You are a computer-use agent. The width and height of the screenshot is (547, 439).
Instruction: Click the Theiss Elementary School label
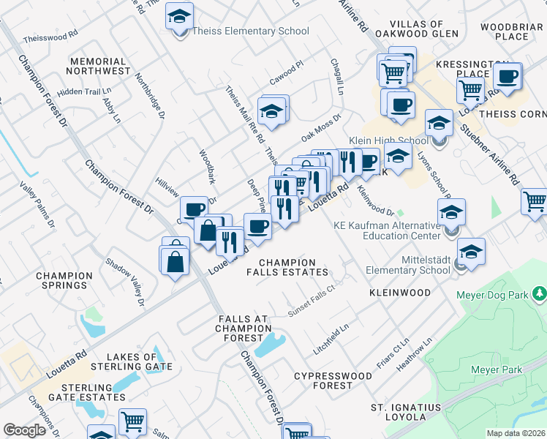pyautogui.click(x=250, y=31)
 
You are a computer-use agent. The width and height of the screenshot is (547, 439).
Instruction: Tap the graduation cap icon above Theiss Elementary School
pyautogui.click(x=178, y=16)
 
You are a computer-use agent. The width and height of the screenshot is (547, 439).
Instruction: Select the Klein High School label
pyautogui.click(x=394, y=140)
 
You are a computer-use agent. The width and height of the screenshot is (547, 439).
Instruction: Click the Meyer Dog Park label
pyautogui.click(x=491, y=295)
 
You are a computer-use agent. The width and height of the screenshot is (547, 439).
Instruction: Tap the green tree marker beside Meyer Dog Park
pyautogui.click(x=540, y=294)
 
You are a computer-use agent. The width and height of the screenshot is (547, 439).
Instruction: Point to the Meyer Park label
pyautogui.click(x=497, y=369)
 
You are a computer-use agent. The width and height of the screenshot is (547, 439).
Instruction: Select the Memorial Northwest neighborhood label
pyautogui.click(x=97, y=67)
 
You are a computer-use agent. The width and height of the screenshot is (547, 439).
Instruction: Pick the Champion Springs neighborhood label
pyautogui.click(x=64, y=281)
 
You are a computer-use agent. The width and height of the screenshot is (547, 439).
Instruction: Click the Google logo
pyautogui.click(x=25, y=430)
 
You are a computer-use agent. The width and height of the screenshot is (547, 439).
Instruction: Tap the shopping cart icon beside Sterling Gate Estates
pyautogui.click(x=132, y=421)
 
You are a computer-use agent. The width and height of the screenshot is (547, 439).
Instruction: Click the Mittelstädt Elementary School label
pyautogui.click(x=408, y=264)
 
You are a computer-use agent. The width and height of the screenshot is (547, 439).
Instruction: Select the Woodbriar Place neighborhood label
pyautogui.click(x=511, y=31)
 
